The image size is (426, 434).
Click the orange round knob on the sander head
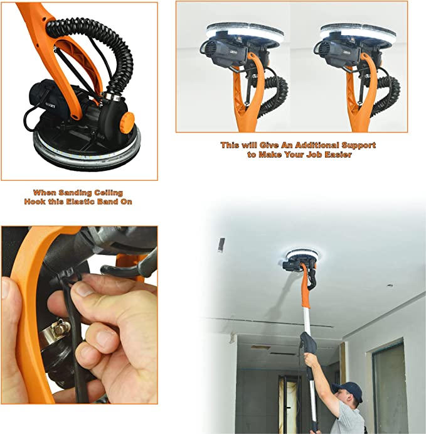127,121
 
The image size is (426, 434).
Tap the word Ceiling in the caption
109,193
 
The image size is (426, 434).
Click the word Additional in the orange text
317,145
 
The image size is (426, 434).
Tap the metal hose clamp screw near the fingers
60,329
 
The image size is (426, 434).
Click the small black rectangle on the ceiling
221,245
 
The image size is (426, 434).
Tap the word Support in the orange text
358,145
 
